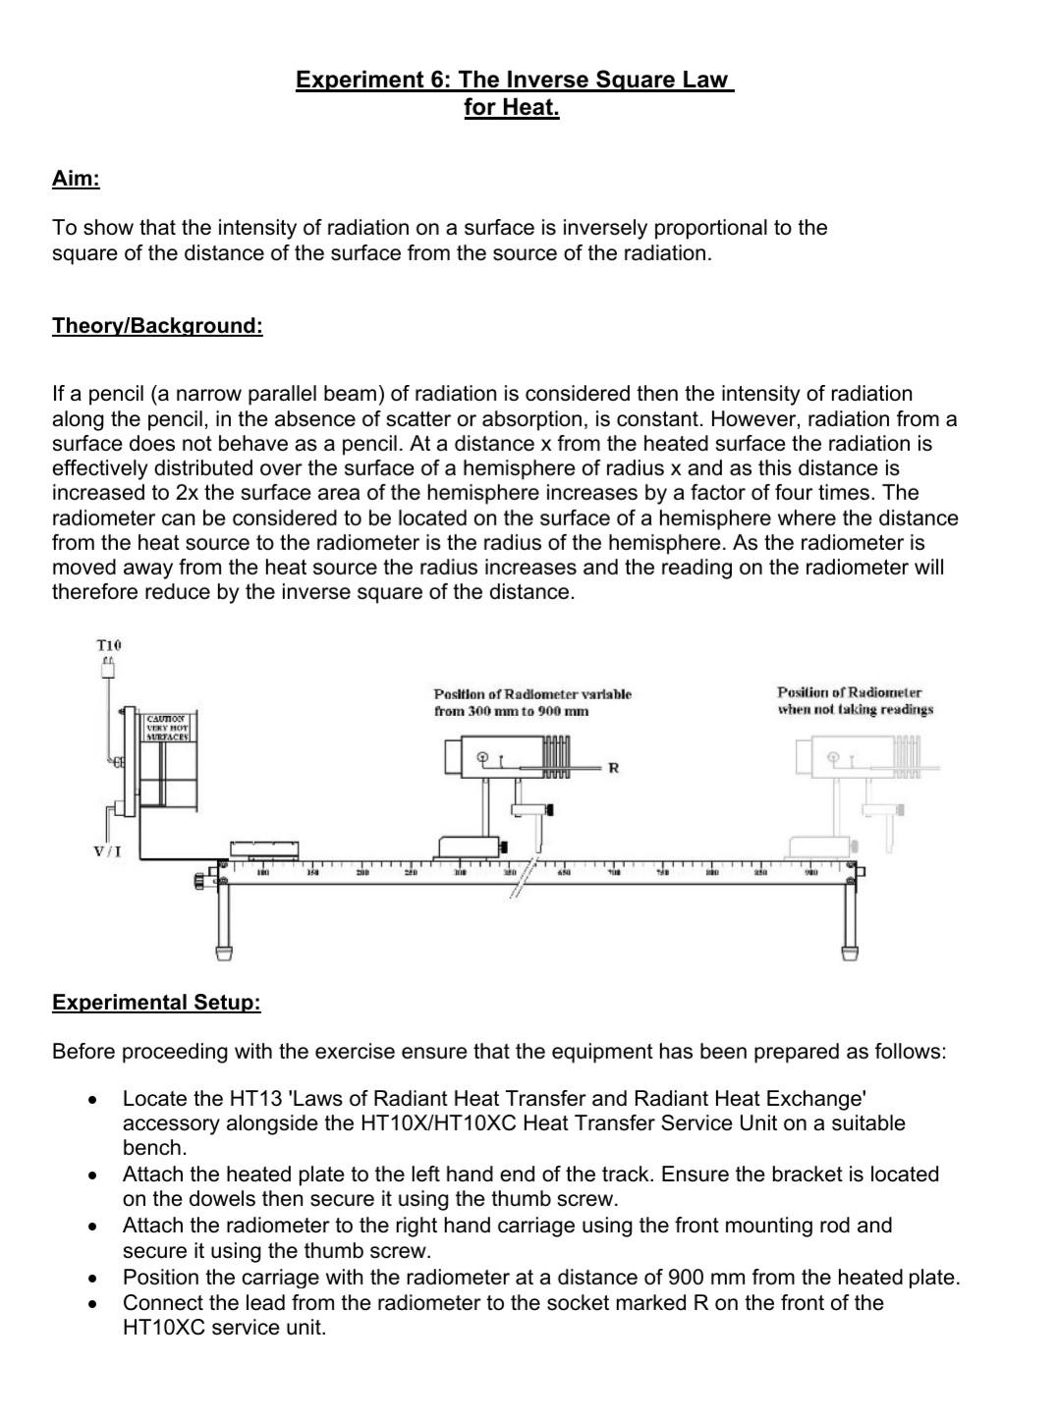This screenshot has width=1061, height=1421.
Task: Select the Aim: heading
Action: (76, 179)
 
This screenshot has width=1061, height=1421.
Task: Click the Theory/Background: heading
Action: (157, 325)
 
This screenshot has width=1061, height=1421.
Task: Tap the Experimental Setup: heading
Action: (156, 1002)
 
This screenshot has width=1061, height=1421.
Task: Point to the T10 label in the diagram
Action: (109, 645)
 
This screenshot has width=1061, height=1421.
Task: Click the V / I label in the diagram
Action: (107, 850)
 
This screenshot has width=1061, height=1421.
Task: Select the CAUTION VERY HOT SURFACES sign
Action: (169, 728)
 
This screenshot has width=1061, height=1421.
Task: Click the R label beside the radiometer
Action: (613, 767)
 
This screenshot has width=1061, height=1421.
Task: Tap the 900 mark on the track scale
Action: (811, 872)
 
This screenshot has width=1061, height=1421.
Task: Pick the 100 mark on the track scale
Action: (263, 872)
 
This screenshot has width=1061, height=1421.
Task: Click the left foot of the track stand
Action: (225, 951)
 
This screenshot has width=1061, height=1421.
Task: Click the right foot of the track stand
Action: (849, 951)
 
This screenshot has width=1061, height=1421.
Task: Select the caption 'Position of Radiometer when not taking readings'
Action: (854, 701)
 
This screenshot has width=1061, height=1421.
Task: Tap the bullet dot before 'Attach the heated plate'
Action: (91, 1175)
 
